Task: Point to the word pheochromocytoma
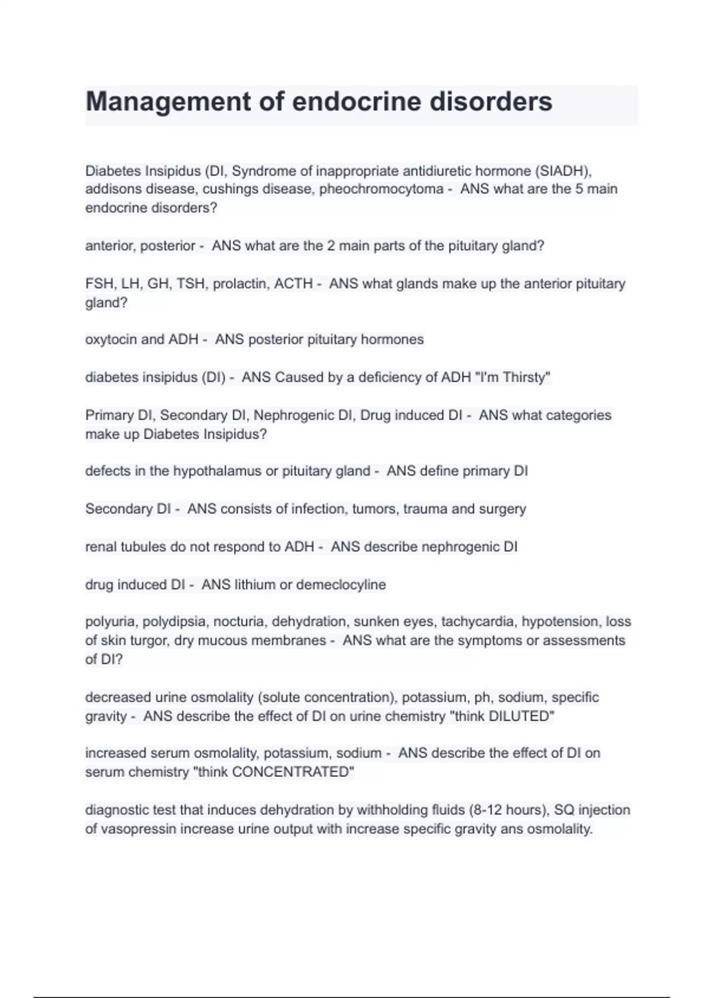point(381,189)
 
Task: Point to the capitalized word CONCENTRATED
point(292,772)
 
